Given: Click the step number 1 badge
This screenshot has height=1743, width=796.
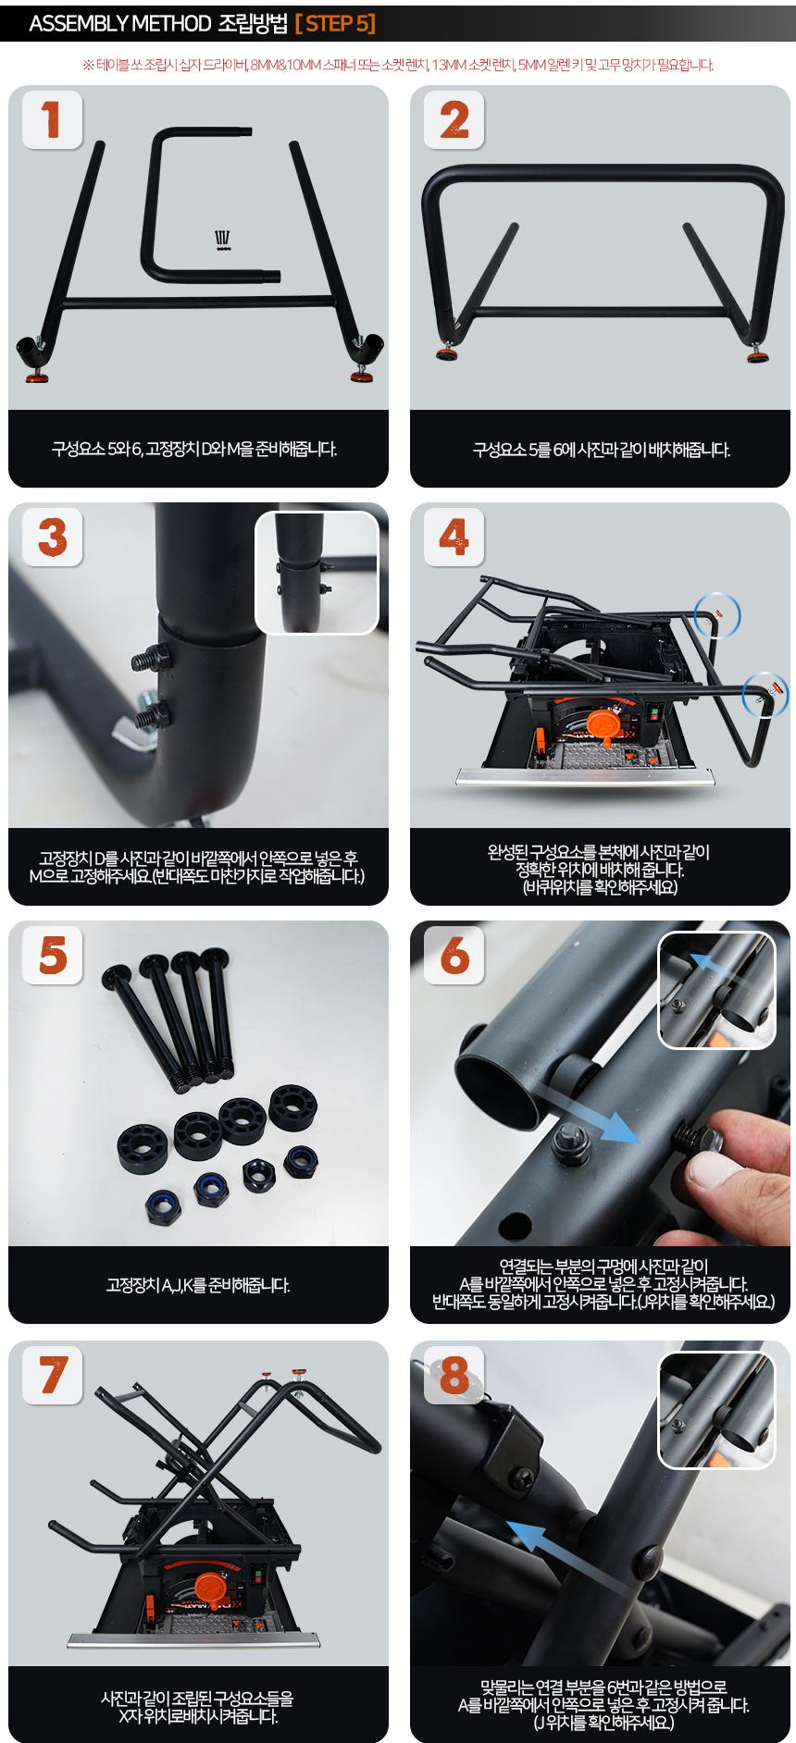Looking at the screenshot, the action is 52,119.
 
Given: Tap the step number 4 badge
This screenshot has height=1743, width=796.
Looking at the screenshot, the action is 454,537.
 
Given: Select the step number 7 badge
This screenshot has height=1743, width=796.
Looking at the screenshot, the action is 53,1374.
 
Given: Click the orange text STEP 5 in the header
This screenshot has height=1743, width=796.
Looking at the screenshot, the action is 335,23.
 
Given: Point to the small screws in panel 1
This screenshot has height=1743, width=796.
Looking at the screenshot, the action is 223,241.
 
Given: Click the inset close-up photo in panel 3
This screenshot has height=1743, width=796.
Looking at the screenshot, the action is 317,573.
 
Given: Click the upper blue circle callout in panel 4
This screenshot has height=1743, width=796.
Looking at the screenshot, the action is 717,615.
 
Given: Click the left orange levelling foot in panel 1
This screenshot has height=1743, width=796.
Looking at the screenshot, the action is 37,377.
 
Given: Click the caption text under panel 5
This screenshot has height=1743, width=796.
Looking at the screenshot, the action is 198,1285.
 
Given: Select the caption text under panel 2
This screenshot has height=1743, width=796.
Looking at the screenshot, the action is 602,450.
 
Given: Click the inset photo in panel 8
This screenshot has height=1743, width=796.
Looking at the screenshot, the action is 716,1410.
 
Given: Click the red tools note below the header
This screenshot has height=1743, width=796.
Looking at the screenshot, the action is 398,65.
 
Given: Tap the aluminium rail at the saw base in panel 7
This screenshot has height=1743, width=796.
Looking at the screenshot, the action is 193,1640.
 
